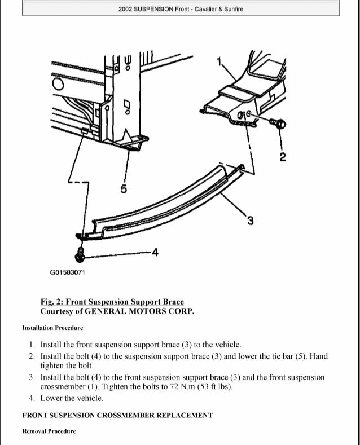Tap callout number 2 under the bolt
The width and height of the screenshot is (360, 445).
coord(283,155)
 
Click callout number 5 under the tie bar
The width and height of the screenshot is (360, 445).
coord(124,188)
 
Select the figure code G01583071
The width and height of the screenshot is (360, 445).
coord(68,274)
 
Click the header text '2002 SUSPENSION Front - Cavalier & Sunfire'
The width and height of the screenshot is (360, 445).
coord(181,10)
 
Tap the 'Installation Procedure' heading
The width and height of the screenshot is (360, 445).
coord(52,328)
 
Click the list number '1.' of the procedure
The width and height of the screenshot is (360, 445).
coord(33,345)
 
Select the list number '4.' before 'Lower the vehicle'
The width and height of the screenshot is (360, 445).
coord(33,398)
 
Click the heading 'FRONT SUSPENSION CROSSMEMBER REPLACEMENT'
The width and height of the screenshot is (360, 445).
coord(117,415)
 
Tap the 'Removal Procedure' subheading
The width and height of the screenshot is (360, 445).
coord(49,431)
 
